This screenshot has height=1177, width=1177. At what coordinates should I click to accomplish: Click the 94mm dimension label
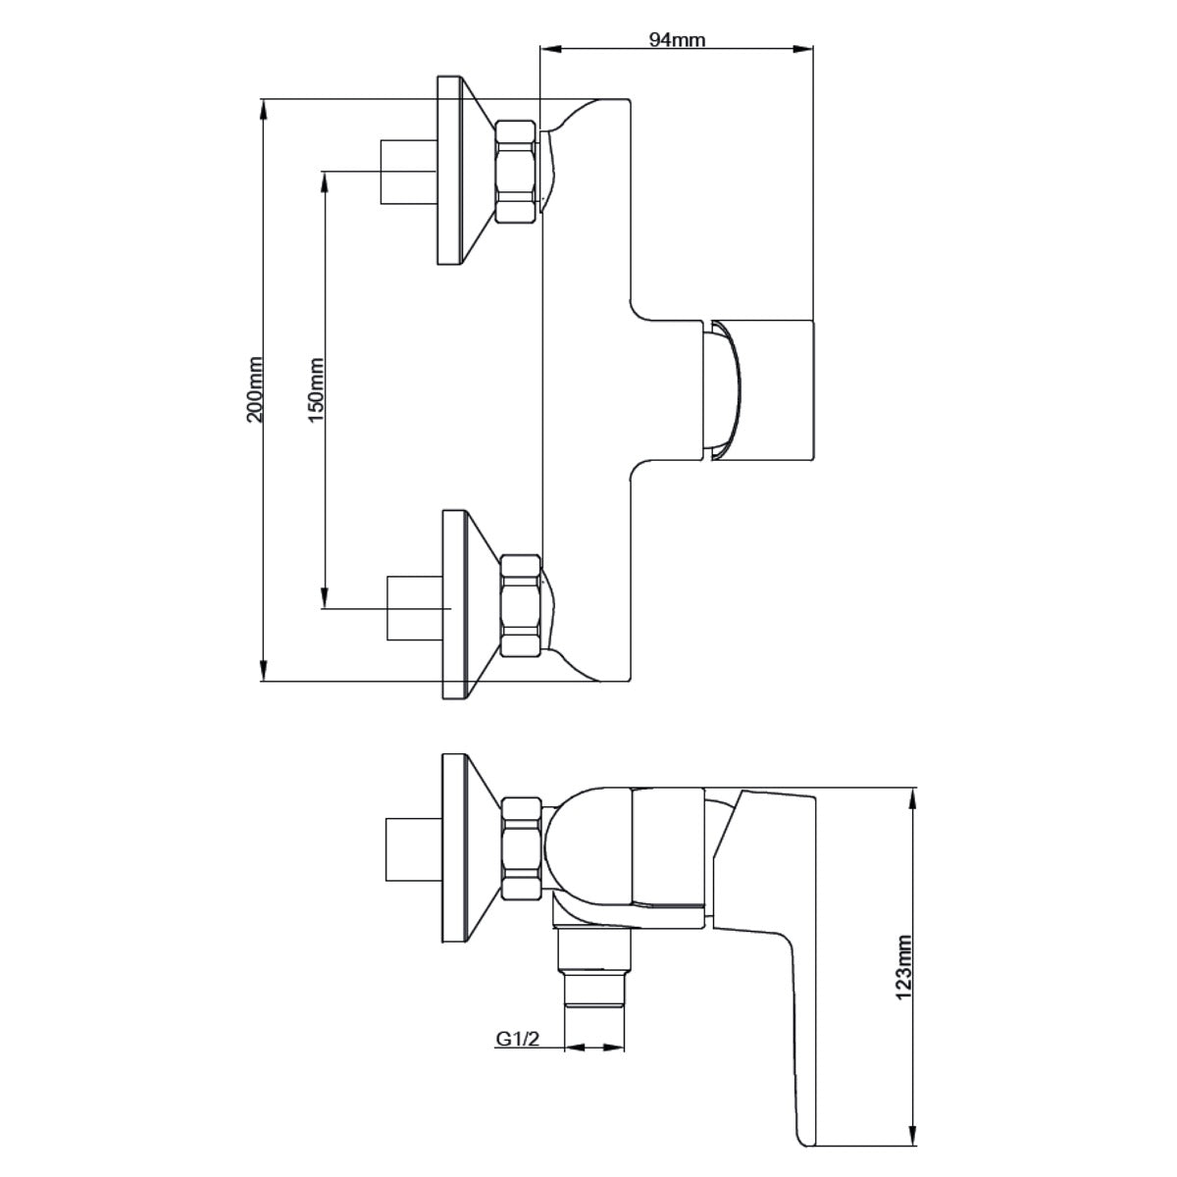[x=677, y=39]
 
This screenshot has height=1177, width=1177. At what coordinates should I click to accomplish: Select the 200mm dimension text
[x=255, y=388]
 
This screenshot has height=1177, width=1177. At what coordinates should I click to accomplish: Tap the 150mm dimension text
[x=316, y=388]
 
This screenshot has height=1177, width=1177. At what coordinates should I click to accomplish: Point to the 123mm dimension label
[x=903, y=967]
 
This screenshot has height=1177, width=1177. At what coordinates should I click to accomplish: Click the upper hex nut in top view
[x=518, y=172]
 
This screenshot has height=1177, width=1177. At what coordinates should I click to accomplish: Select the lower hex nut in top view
[x=520, y=605]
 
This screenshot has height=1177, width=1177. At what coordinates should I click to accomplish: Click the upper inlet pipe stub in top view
[x=406, y=172]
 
